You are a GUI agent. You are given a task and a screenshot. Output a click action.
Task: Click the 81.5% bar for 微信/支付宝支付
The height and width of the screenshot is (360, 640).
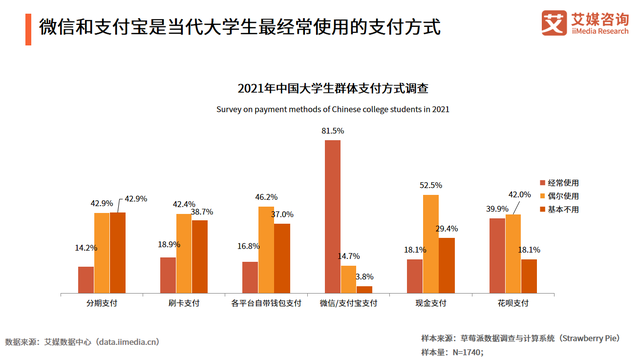point(333,215)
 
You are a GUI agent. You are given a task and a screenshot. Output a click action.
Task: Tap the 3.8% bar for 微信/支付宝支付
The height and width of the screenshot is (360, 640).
point(364,288)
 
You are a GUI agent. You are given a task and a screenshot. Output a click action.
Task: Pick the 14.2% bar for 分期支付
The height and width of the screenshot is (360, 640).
point(86,278)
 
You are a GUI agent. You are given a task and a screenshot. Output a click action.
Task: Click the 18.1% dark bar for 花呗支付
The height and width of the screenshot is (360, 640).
point(529,275)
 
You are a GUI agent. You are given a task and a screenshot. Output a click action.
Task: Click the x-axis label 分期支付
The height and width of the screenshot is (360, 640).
point(102,302)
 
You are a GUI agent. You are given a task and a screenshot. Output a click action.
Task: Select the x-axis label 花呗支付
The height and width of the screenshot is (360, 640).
point(513,302)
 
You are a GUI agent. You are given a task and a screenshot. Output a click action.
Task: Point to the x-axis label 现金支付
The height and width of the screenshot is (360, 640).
point(431,302)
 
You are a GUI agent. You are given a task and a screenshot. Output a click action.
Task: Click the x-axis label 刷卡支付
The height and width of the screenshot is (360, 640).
point(184,302)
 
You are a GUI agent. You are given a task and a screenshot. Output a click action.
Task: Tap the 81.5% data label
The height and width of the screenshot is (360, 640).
point(333,131)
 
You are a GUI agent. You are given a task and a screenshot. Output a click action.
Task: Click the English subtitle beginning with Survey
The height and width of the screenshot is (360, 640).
point(319,107)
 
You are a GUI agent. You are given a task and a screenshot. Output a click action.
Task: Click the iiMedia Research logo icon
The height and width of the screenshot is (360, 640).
point(551,21)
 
